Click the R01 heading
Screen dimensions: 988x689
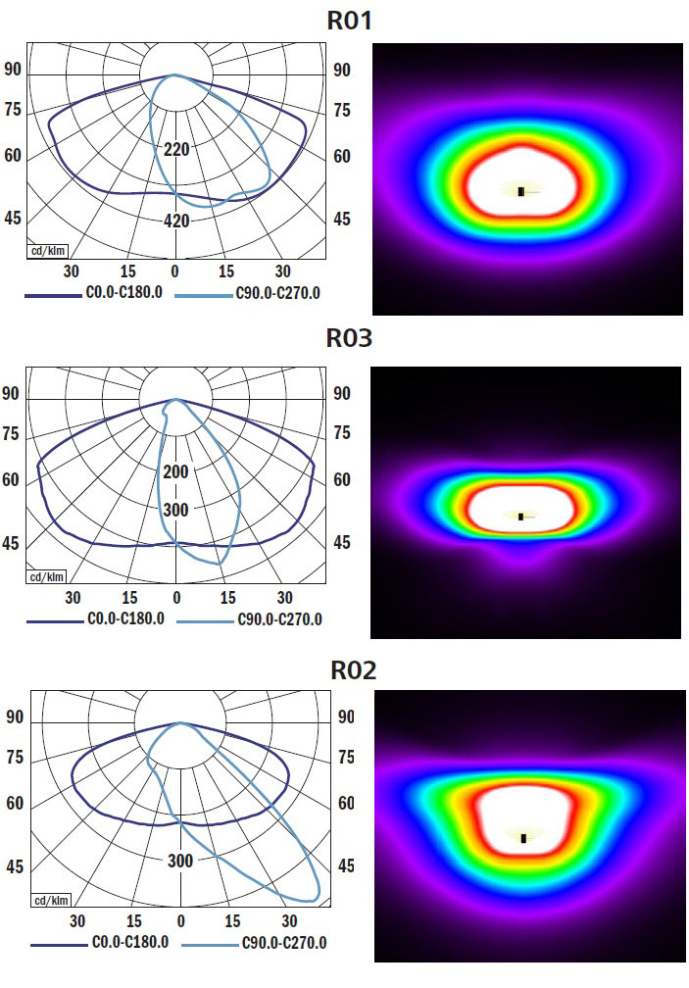click(x=351, y=21)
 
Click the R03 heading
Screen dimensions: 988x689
click(x=351, y=339)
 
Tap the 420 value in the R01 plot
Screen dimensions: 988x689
click(x=176, y=221)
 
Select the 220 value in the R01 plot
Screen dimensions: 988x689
click(x=176, y=150)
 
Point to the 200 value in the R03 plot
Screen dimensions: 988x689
click(x=176, y=472)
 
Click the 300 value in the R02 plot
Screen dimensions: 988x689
click(x=180, y=861)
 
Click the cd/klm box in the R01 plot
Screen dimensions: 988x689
click(x=46, y=250)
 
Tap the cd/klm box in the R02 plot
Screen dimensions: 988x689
click(x=51, y=900)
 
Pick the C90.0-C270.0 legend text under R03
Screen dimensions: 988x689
click(x=279, y=619)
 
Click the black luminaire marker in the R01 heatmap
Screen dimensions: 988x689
click(x=520, y=191)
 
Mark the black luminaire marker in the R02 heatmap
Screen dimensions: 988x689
click(x=523, y=838)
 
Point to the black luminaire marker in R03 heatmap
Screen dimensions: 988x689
click(x=520, y=516)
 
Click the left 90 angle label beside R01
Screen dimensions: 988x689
click(x=14, y=70)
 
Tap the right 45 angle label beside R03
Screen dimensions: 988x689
click(x=341, y=542)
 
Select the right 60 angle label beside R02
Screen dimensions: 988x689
click(x=346, y=803)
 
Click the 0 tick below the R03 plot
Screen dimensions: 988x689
click(x=176, y=597)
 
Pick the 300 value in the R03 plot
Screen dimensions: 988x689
click(x=176, y=510)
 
